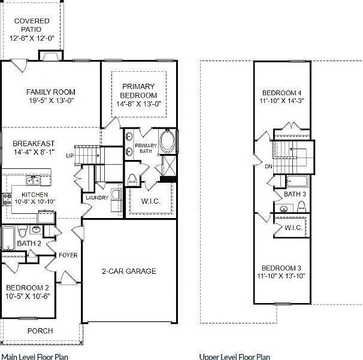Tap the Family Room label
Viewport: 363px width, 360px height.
coord(50,92)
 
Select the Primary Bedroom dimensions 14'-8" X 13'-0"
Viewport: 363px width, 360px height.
coord(138,104)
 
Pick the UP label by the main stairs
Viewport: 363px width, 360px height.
coord(69,156)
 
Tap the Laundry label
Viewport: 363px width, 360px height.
coord(96,198)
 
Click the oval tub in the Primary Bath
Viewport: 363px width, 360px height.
coord(168,143)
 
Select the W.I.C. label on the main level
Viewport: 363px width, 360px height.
coord(150,201)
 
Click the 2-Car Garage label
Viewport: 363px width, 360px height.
coord(128,271)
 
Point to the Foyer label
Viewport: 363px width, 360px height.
coord(68,255)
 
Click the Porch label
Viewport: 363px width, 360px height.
coord(40,331)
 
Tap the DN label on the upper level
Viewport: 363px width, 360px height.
coord(268,167)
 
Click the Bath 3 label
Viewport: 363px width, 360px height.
coord(295,194)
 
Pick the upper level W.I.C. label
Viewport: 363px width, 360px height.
coord(293,228)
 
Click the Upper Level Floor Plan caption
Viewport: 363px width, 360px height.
coord(234,356)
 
